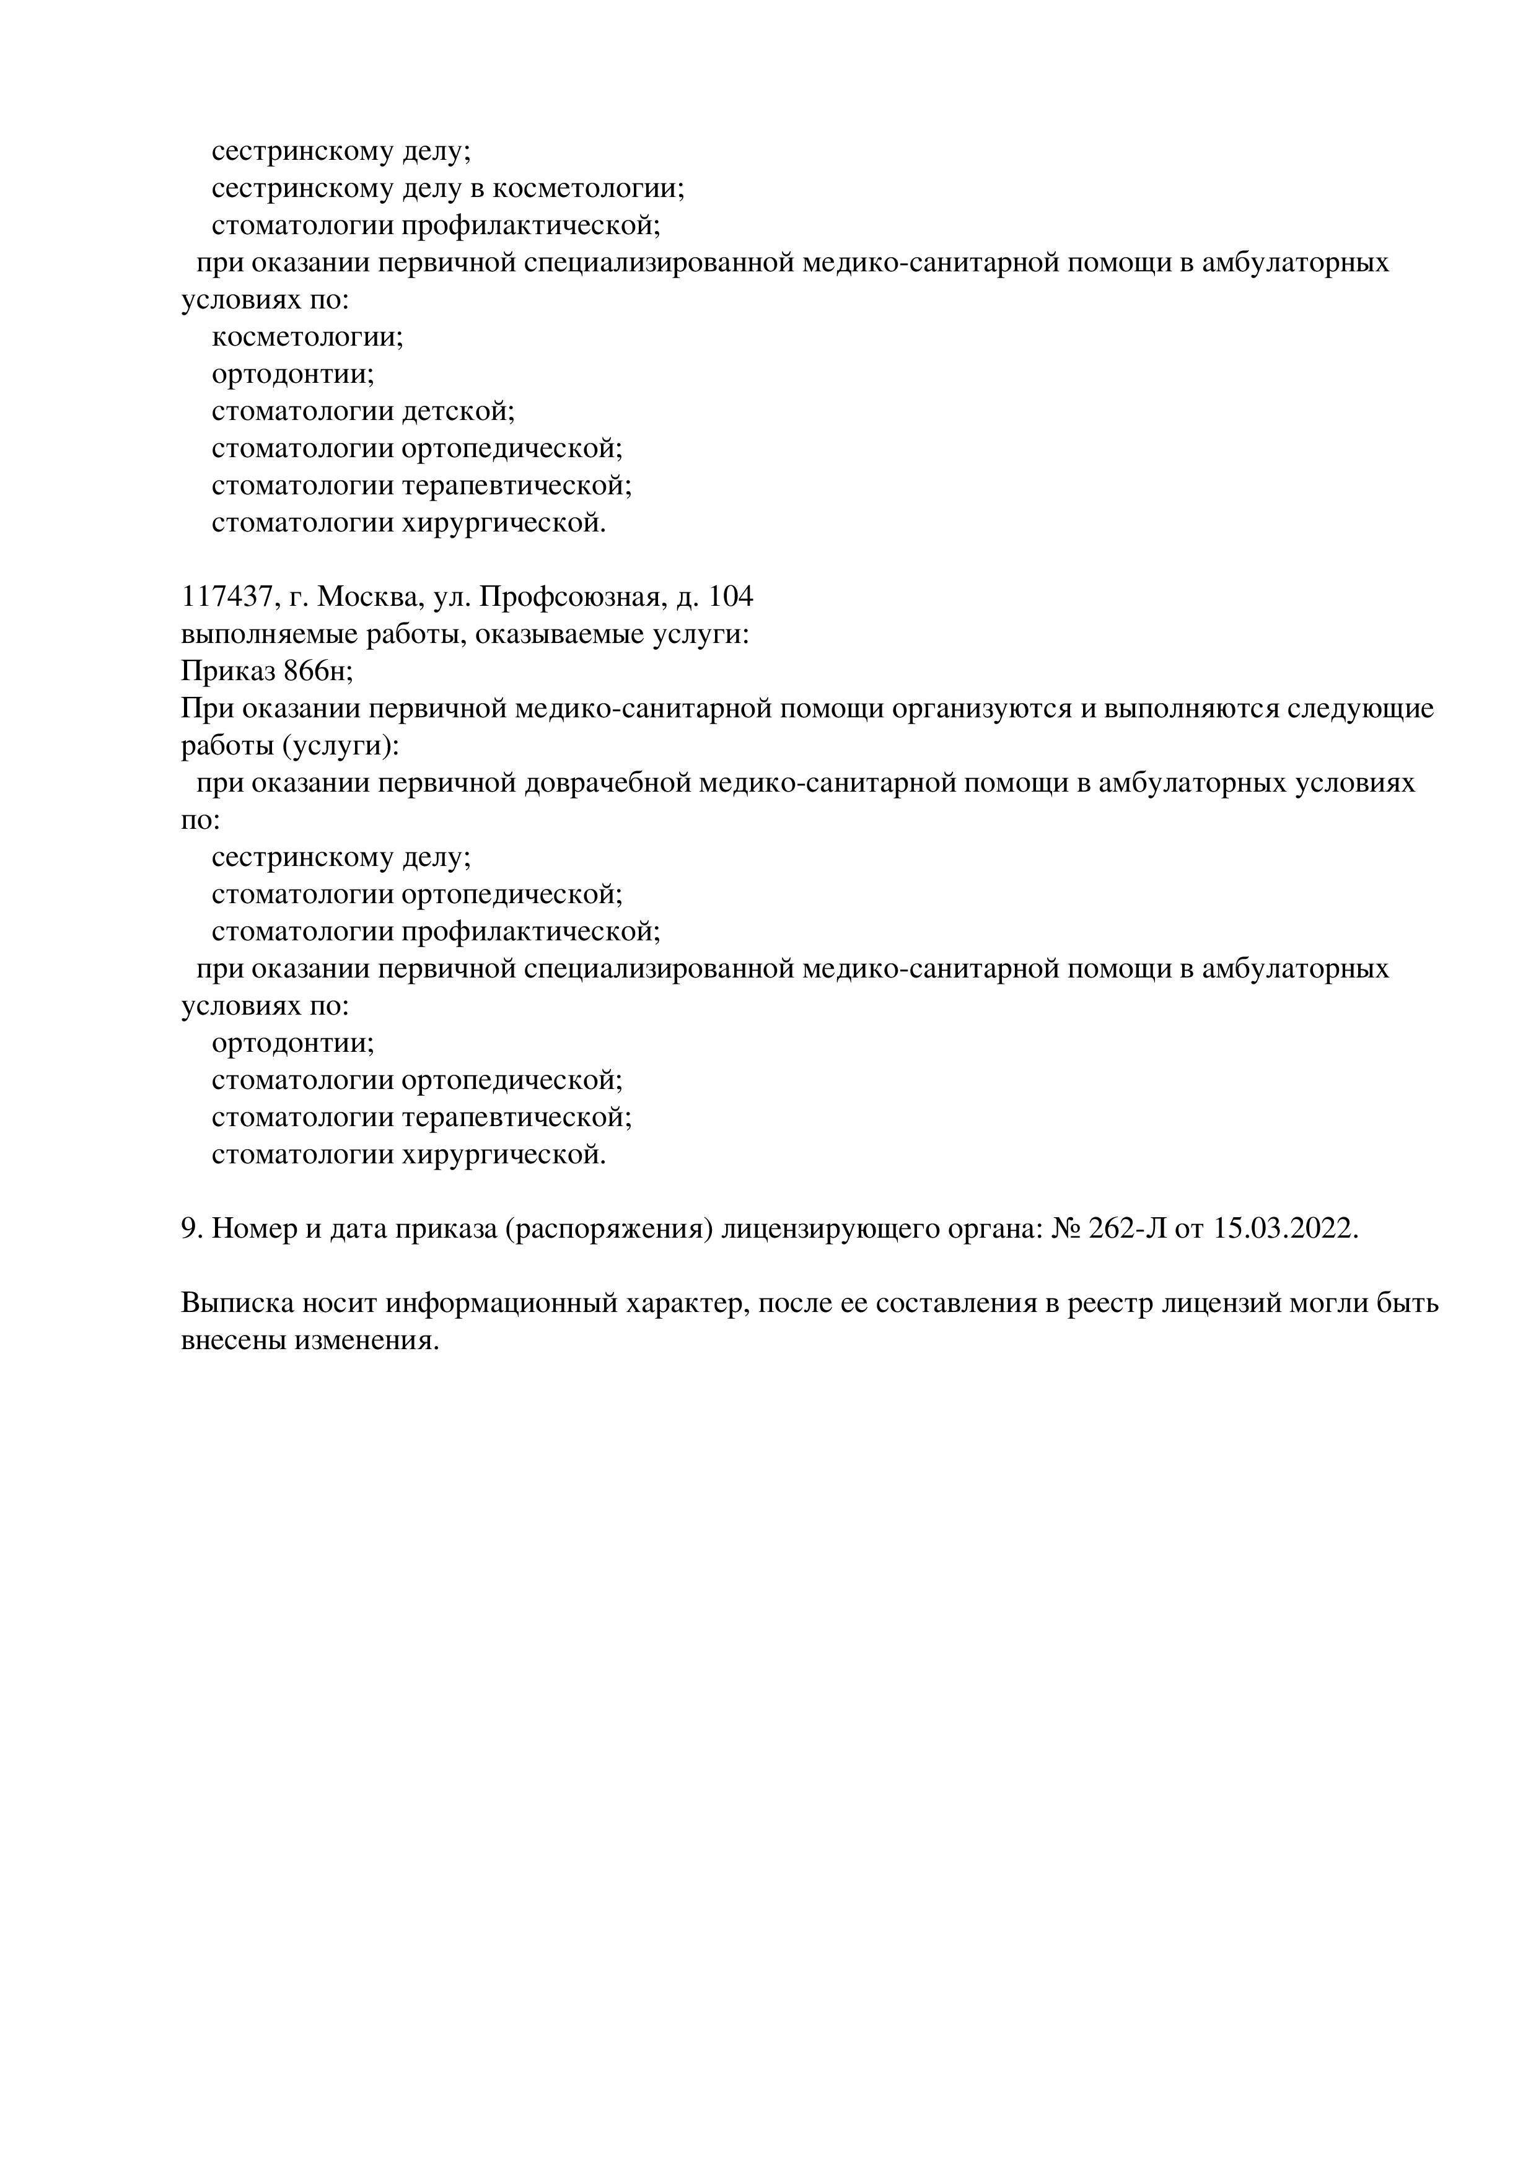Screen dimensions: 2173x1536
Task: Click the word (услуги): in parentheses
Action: pyautogui.click(x=341, y=746)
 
